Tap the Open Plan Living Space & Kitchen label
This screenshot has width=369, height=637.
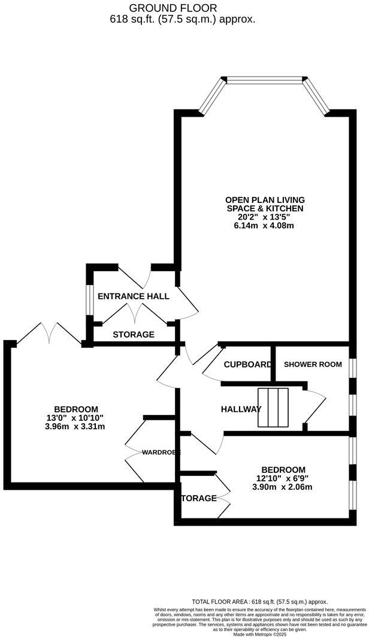click(x=265, y=204)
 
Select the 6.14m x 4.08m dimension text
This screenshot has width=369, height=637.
click(x=265, y=226)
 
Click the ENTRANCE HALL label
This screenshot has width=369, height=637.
click(x=133, y=296)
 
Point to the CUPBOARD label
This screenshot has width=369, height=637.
click(x=247, y=365)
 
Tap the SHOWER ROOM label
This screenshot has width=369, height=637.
click(x=313, y=364)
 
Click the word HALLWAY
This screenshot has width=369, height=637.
click(x=241, y=409)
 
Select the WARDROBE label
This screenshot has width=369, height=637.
click(x=161, y=453)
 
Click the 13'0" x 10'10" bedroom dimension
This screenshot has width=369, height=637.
click(x=76, y=418)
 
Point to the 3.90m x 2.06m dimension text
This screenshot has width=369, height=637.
click(x=283, y=487)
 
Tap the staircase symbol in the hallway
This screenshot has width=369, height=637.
click(x=273, y=408)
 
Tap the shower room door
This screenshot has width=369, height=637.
click(x=314, y=407)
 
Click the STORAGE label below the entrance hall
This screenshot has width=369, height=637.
click(x=133, y=335)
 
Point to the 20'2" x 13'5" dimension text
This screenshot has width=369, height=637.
click(x=265, y=217)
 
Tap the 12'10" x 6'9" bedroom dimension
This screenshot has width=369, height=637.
click(x=283, y=478)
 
